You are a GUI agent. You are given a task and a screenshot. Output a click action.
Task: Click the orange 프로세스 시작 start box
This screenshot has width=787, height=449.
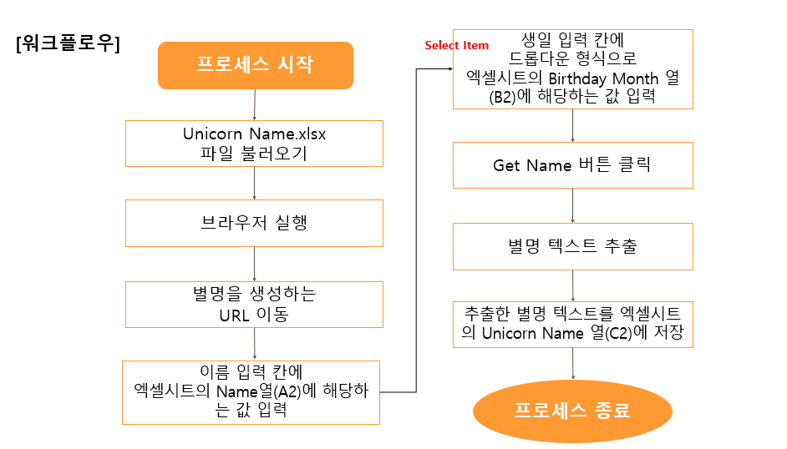coord(255,65)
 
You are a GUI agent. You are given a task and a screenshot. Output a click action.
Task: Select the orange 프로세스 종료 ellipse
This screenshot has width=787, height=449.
coord(572,411)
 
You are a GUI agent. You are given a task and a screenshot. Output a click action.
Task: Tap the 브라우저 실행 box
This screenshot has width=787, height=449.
coord(254,223)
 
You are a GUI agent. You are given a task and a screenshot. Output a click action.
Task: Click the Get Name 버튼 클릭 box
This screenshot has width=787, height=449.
coord(572,165)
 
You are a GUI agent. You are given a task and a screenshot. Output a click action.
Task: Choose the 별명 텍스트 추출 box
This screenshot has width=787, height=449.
coord(572,246)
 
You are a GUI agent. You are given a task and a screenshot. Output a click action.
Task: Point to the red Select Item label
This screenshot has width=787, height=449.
coord(456,45)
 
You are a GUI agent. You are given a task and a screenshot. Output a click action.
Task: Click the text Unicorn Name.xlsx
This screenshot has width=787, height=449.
coord(254,134)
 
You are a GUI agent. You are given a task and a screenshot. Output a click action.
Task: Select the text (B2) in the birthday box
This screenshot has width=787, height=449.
coord(482,97)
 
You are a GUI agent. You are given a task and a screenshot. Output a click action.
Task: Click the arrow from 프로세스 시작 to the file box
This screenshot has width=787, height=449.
coord(254,104)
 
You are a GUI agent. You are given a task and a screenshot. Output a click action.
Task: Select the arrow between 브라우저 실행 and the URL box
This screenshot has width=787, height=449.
coord(254,265)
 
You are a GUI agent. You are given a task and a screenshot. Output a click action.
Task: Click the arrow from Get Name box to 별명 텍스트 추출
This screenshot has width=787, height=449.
coord(572,206)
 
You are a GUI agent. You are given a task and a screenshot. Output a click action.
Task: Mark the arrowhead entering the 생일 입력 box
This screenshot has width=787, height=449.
coord(449,69)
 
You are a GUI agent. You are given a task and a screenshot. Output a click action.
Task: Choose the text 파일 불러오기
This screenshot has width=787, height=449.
coord(254,154)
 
